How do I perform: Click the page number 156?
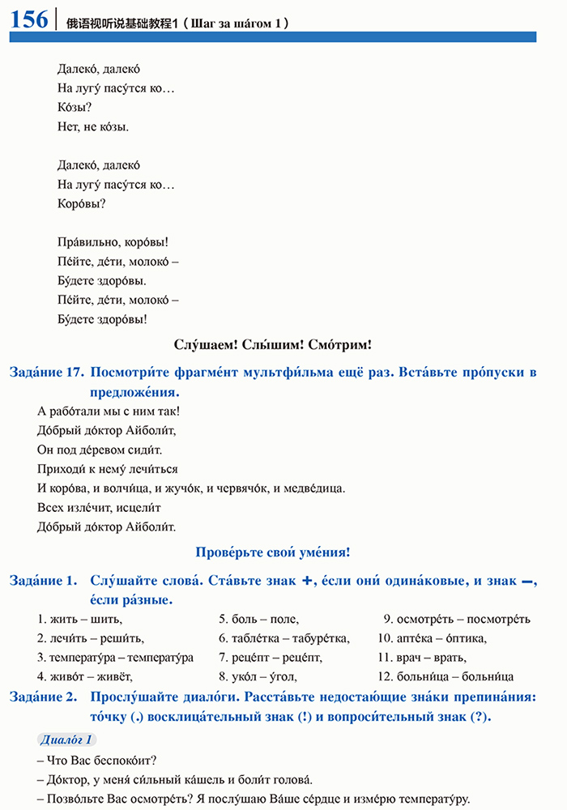click(29, 19)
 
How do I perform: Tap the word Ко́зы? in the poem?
click(75, 107)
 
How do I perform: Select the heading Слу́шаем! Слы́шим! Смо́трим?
click(273, 345)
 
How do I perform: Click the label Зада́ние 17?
click(46, 372)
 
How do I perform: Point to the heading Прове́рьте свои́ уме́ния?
click(273, 552)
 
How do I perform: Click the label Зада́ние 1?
click(43, 581)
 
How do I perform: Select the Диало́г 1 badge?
click(67, 740)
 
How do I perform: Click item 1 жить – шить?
click(79, 620)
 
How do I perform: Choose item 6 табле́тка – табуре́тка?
click(284, 638)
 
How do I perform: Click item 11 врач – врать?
click(422, 657)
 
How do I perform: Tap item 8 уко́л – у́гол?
click(258, 676)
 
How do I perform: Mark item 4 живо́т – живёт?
click(84, 676)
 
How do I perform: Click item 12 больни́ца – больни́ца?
click(446, 676)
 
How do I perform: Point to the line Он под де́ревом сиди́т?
click(100, 450)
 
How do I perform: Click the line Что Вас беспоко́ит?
click(96, 760)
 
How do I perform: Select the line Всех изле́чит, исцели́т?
click(99, 508)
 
